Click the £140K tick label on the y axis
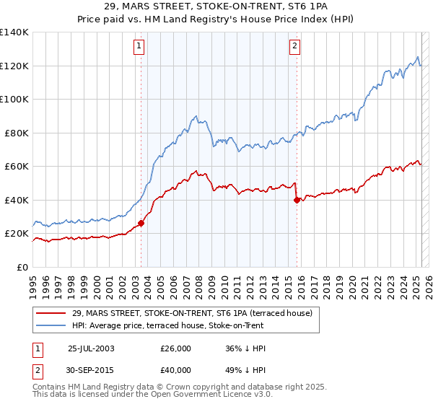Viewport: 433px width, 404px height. pyautogui.click(x=14, y=32)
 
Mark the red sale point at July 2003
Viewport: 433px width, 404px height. pyautogui.click(x=141, y=223)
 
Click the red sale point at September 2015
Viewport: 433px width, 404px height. pyautogui.click(x=297, y=200)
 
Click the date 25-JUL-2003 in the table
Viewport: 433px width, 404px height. pyautogui.click(x=91, y=348)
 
